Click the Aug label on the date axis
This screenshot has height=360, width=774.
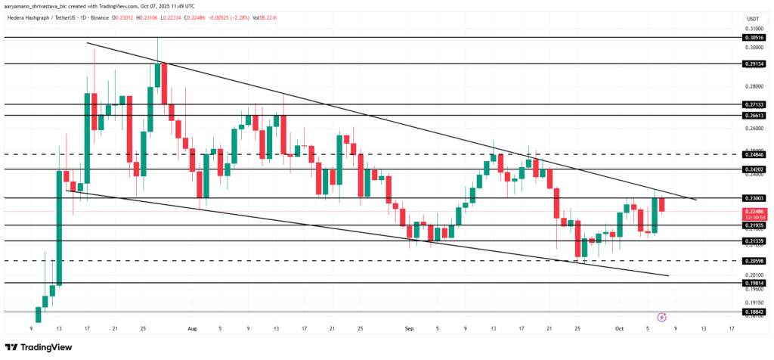pos(192,329)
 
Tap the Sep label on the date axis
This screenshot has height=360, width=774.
pos(409,329)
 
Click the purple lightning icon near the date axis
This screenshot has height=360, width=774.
pos(662,317)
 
